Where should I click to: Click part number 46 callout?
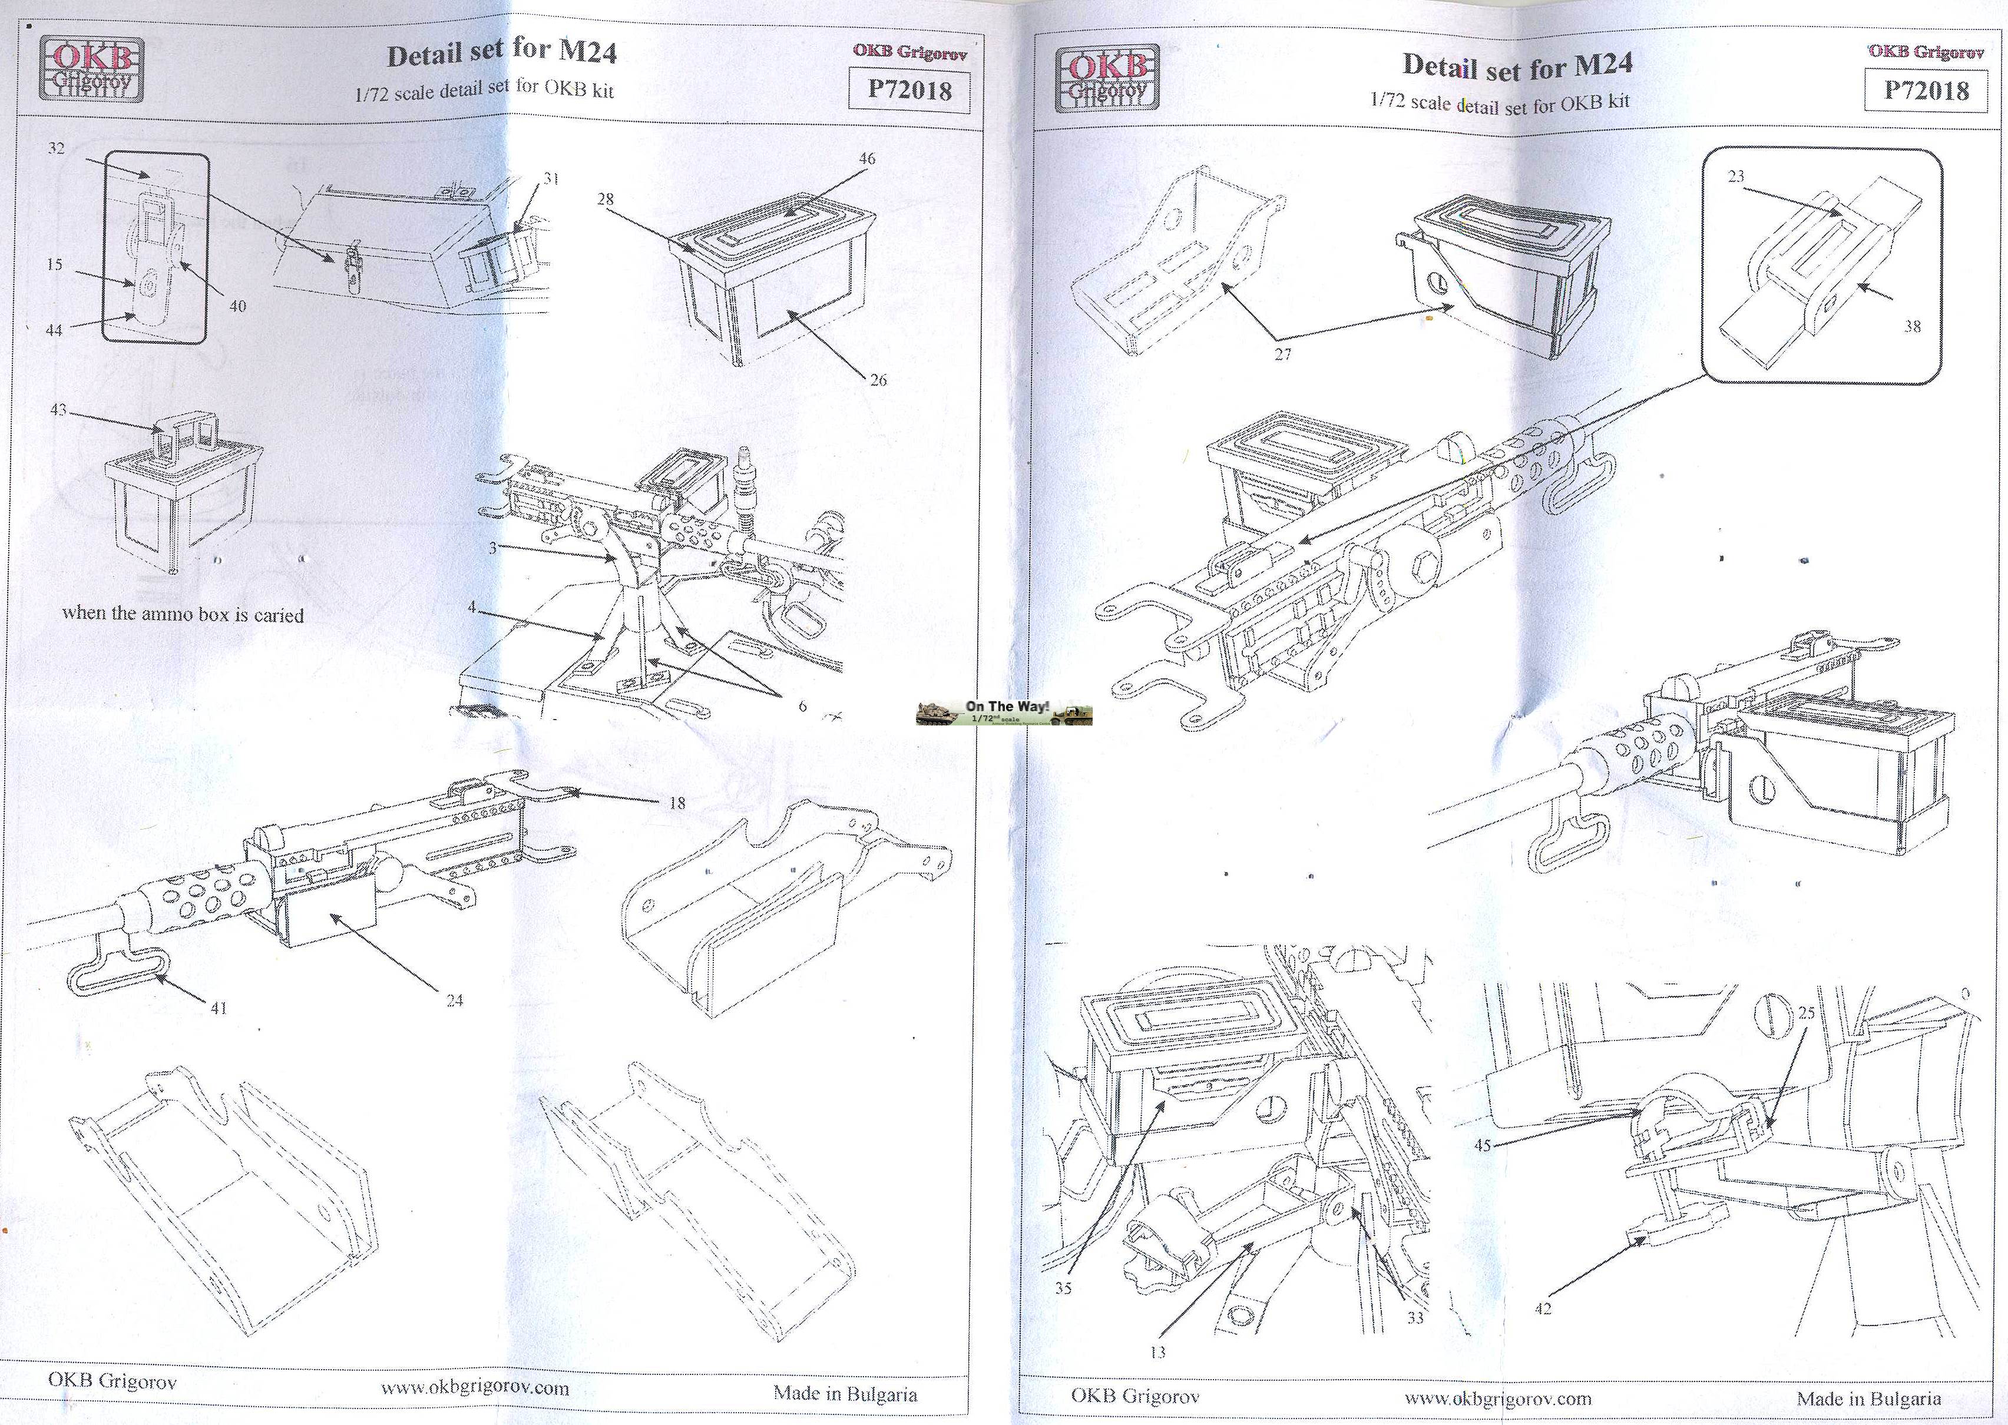(866, 159)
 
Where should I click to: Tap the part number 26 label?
(878, 380)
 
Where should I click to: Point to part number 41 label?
(218, 1008)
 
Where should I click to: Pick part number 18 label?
(677, 802)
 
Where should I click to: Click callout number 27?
(1282, 354)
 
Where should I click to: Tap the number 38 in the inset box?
(1913, 326)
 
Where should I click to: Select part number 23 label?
(1736, 177)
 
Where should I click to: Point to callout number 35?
(1063, 1289)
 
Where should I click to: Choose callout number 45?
(1483, 1146)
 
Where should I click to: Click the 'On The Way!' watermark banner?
(1004, 712)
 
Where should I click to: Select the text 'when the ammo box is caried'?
(183, 614)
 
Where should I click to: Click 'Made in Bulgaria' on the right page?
(1868, 1399)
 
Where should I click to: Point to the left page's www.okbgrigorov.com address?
(474, 1388)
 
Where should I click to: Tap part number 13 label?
(1157, 1353)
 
